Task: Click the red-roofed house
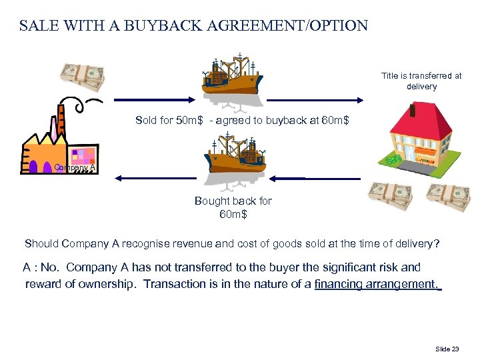[416, 137]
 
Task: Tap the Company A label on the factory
[75, 168]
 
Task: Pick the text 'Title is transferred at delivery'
[421, 81]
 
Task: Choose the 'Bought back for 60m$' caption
[233, 207]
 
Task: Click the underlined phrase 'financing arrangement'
[376, 285]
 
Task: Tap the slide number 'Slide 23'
[447, 349]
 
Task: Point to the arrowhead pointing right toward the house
[359, 101]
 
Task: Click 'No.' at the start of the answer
[49, 267]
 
